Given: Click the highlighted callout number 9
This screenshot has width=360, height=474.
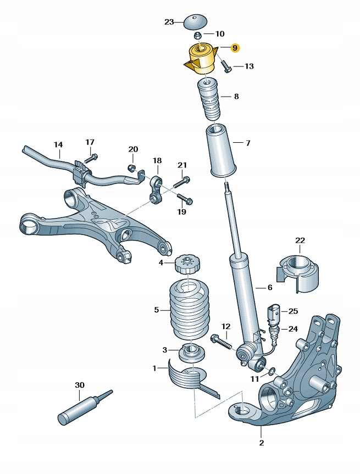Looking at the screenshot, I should coord(235,48).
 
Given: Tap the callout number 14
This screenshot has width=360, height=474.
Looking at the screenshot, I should coord(58,145).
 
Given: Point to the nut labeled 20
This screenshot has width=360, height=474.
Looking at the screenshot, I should coord(132,167).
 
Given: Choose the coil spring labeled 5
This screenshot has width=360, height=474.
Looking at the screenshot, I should coord(189,310).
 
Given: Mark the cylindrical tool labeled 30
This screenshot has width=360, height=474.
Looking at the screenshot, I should coord(77,411).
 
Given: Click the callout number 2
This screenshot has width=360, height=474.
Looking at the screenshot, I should coord(262,442).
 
